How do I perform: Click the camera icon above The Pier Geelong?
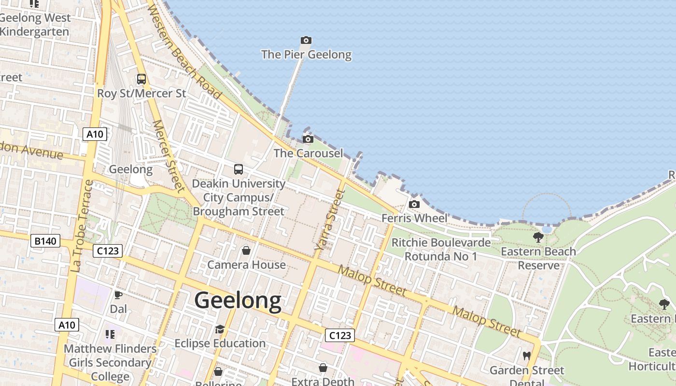pyautogui.click(x=306, y=40)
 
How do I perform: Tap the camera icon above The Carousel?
pyautogui.click(x=308, y=139)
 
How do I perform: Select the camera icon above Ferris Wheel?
pyautogui.click(x=414, y=204)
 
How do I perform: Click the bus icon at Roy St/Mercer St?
pyautogui.click(x=141, y=79)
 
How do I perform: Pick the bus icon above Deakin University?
pyautogui.click(x=239, y=169)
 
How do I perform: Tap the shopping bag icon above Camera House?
pyautogui.click(x=246, y=250)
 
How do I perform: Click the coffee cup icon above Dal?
pyautogui.click(x=118, y=294)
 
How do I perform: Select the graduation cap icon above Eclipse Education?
pyautogui.click(x=220, y=329)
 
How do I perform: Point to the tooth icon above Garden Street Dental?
pyautogui.click(x=527, y=356)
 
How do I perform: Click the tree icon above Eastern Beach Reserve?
pyautogui.click(x=538, y=237)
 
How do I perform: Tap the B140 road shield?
pyautogui.click(x=45, y=241)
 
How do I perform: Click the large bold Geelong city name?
pyautogui.click(x=238, y=301)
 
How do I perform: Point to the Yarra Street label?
pyautogui.click(x=330, y=220)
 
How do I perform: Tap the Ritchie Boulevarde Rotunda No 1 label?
pyautogui.click(x=440, y=249)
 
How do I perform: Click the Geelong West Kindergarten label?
pyautogui.click(x=35, y=25)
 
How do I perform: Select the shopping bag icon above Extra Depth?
pyautogui.click(x=323, y=368)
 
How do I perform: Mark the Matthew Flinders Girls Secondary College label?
pyautogui.click(x=110, y=362)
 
